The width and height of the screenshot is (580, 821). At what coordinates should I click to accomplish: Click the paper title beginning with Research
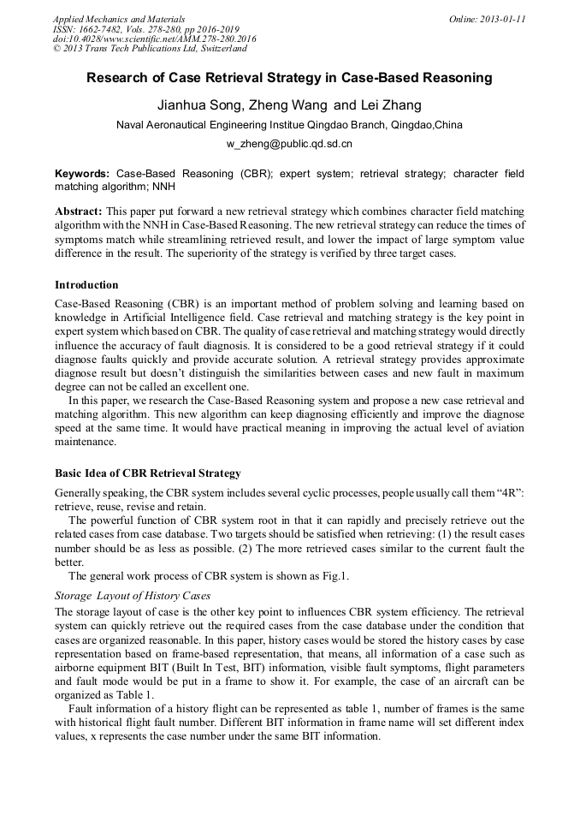pos(289,78)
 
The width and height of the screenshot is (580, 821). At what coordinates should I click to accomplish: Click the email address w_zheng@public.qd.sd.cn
pos(289,144)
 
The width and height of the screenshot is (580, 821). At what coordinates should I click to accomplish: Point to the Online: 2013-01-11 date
pos(487,19)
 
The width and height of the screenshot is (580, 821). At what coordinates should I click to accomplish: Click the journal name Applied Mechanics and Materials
pos(119,19)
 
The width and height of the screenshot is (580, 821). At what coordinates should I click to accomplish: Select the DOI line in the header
pos(154,39)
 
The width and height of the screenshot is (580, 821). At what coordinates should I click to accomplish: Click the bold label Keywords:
pos(82,173)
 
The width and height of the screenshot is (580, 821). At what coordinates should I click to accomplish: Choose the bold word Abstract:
pos(79,211)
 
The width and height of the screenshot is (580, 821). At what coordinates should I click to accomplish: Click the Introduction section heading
pos(86,285)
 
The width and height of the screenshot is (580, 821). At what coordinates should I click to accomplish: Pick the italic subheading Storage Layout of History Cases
pos(133,596)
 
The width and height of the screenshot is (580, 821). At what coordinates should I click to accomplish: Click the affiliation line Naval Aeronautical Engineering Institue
pos(289,125)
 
